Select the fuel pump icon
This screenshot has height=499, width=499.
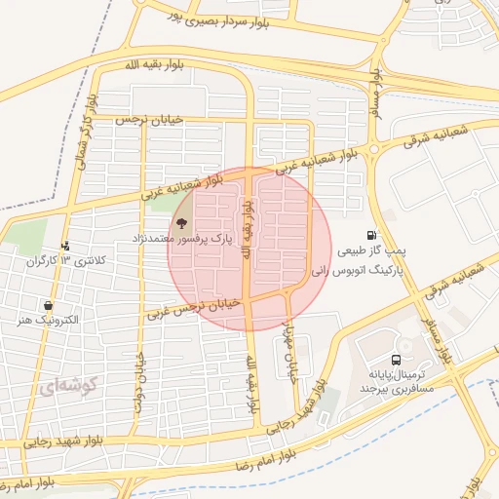coord(371,235)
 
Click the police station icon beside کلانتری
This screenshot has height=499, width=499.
coord(65,247)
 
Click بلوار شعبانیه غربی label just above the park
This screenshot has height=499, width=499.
coord(181,187)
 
